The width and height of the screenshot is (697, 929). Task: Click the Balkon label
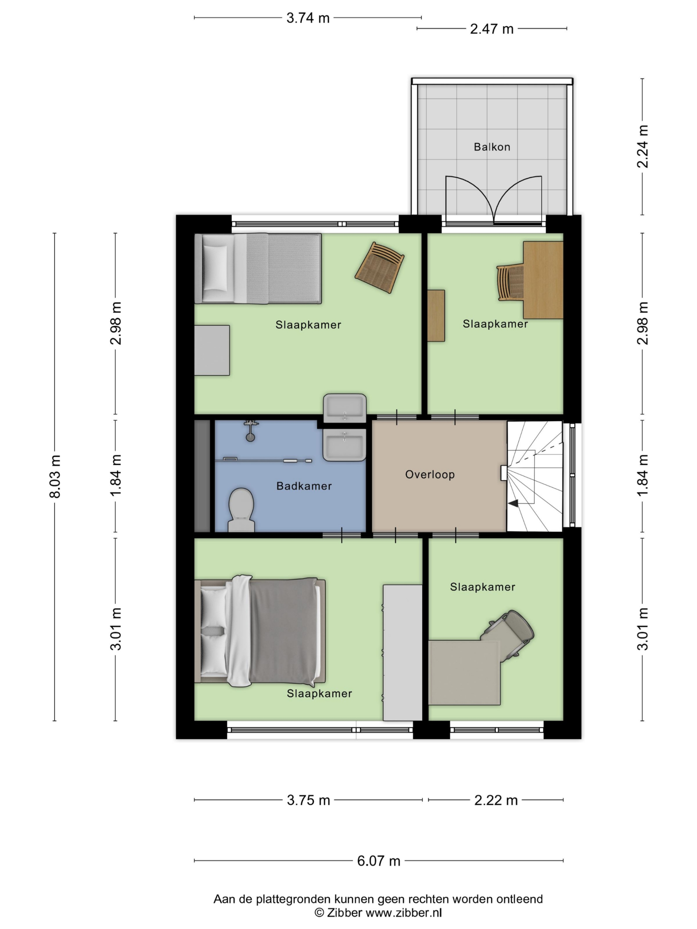[x=492, y=147]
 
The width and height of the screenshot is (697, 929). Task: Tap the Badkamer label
[x=304, y=486]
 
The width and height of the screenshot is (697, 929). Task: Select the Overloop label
[x=429, y=475]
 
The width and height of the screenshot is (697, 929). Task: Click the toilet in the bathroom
[x=241, y=509]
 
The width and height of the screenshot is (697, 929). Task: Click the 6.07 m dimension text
[x=378, y=861]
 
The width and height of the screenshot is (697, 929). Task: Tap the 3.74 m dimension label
[x=307, y=18]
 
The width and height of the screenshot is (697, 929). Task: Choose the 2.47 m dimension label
[x=492, y=29]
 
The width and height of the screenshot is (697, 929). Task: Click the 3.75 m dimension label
[x=308, y=800]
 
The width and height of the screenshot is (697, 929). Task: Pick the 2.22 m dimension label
[x=496, y=801]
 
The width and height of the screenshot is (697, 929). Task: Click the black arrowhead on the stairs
[x=513, y=503]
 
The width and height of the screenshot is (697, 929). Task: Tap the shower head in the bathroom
[x=250, y=431]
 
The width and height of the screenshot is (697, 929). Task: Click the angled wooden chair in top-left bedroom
[x=379, y=267]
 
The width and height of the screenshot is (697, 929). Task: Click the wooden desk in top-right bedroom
[x=543, y=280]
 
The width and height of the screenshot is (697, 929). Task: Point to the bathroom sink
[x=345, y=445]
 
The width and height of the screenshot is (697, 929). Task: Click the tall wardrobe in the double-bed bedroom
[x=403, y=652]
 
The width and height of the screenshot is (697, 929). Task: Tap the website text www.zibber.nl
[x=404, y=912]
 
